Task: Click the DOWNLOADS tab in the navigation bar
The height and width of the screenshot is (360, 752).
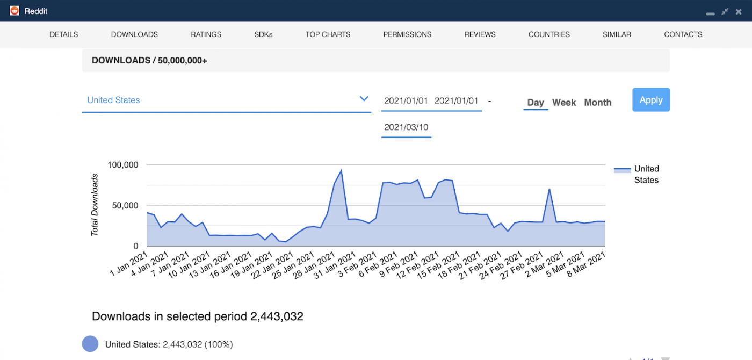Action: tap(134, 34)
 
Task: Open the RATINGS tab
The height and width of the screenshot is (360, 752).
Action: tap(206, 34)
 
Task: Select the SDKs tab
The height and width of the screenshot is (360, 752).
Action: tap(263, 34)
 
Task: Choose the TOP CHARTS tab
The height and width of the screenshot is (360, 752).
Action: tap(328, 34)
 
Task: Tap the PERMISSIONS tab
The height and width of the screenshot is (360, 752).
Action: tap(407, 34)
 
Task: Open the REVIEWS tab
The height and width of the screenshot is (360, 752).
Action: tap(480, 34)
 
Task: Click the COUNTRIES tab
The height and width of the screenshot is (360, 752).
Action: tap(549, 34)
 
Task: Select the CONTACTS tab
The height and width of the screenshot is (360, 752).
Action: tap(683, 34)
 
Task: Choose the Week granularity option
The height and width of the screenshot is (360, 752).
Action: tap(564, 103)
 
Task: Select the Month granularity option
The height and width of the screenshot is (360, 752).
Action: tap(597, 103)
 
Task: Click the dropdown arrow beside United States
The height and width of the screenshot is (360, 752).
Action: tap(364, 99)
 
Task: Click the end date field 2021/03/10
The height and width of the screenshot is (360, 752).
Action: tap(406, 127)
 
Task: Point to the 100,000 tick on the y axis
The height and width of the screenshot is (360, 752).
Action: tap(123, 165)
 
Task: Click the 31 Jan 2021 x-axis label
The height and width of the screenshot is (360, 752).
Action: tap(334, 265)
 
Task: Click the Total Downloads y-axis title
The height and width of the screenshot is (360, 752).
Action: tap(95, 205)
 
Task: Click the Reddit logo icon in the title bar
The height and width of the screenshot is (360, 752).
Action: tap(15, 11)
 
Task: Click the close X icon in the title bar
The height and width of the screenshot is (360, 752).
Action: tap(739, 11)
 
